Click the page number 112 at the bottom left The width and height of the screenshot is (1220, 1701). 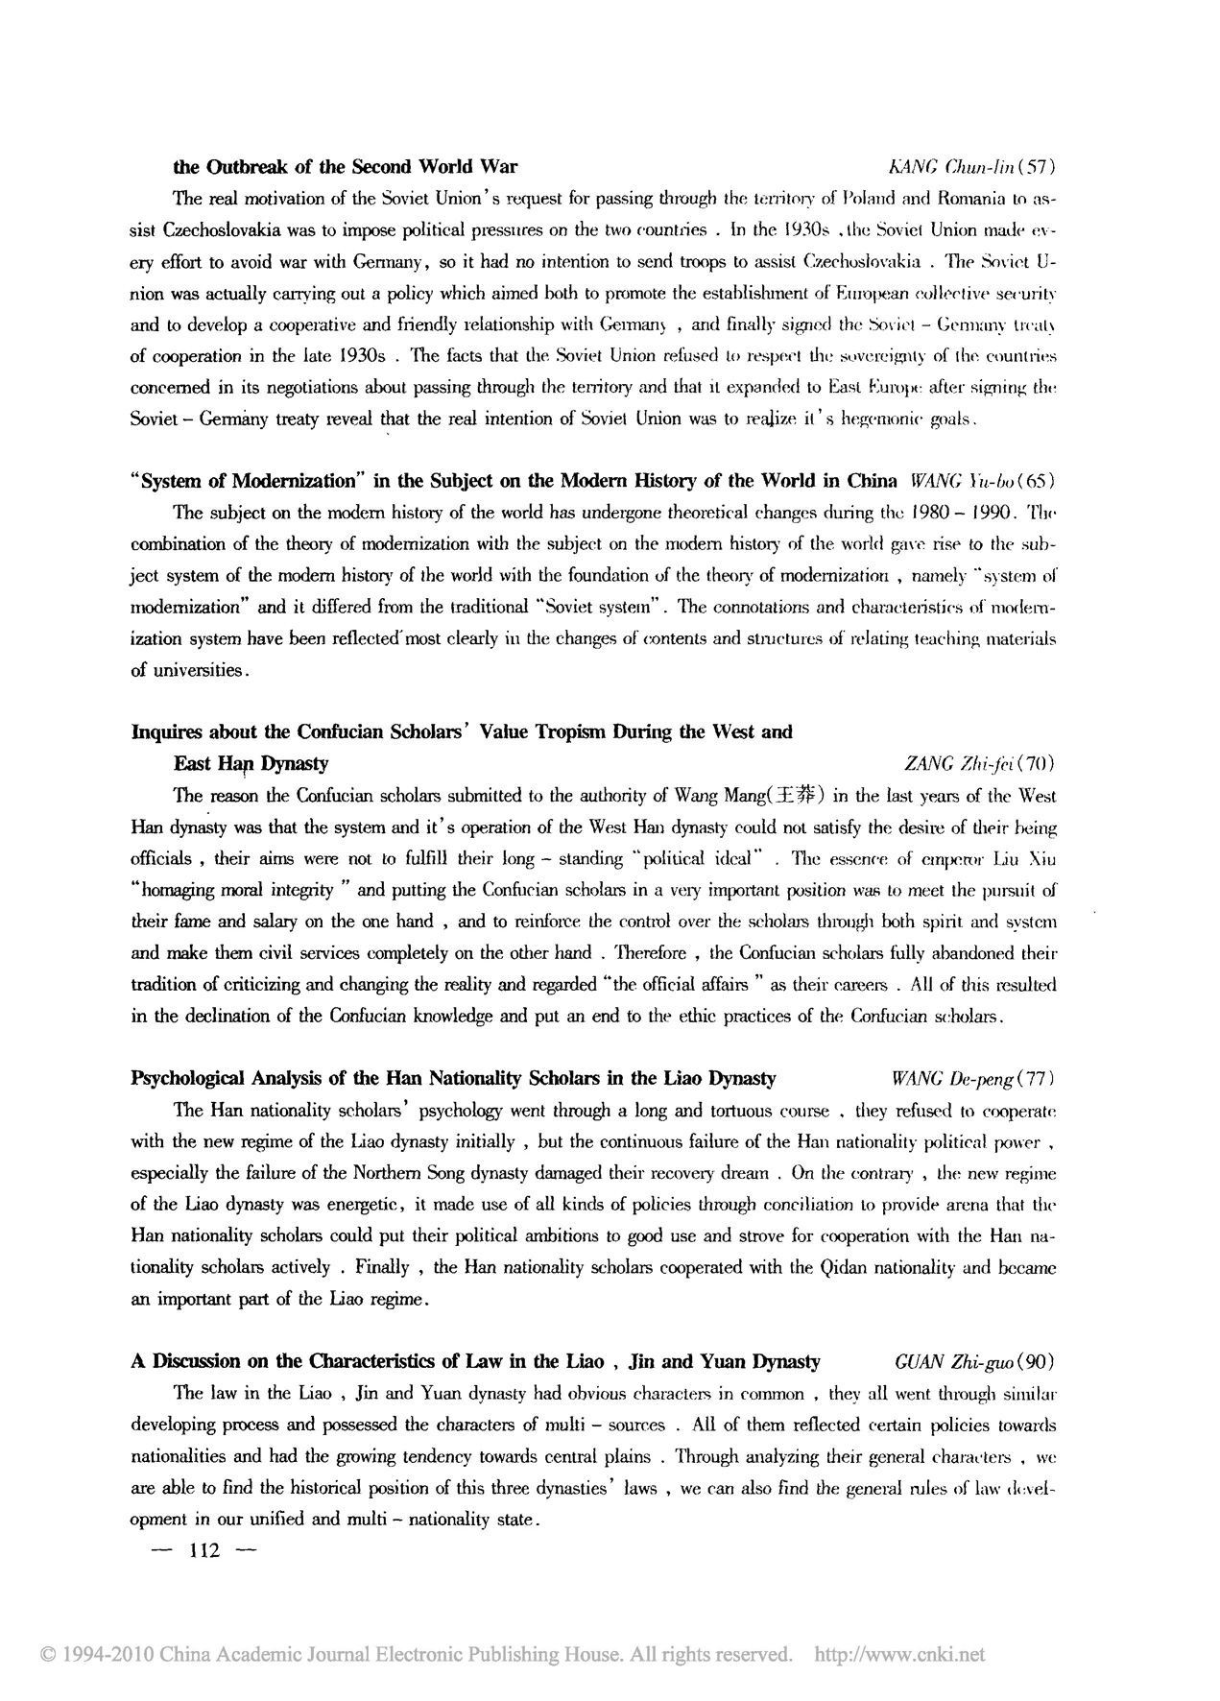coord(206,1550)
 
